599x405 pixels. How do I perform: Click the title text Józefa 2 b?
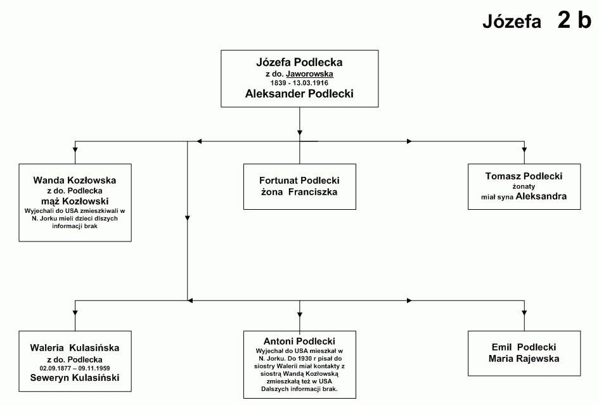pos(537,20)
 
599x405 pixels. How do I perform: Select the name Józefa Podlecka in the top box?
pos(299,62)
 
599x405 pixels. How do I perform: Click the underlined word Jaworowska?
pos(309,74)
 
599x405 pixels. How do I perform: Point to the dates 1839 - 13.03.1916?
pos(299,83)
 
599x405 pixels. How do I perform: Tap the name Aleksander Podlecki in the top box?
pos(299,94)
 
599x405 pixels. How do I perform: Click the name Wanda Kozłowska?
pos(75,180)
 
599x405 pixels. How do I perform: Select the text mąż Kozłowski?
pos(75,201)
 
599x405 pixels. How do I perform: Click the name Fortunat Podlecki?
pos(299,181)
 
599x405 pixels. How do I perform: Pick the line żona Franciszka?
pos(299,192)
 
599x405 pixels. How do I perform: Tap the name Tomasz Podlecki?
pos(524,176)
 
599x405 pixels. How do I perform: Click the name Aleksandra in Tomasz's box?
pos(541,196)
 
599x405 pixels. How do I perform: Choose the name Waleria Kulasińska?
pos(75,348)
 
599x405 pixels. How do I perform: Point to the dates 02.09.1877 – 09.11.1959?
pos(75,368)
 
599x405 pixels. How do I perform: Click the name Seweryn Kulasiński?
pos(75,378)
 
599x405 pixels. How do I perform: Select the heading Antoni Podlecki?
pos(299,341)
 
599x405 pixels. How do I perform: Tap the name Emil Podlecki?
pos(524,347)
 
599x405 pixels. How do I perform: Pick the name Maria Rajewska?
pos(524,358)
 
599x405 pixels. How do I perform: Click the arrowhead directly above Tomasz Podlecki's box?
pos(524,149)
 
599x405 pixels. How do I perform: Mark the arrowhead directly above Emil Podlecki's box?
pos(524,313)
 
